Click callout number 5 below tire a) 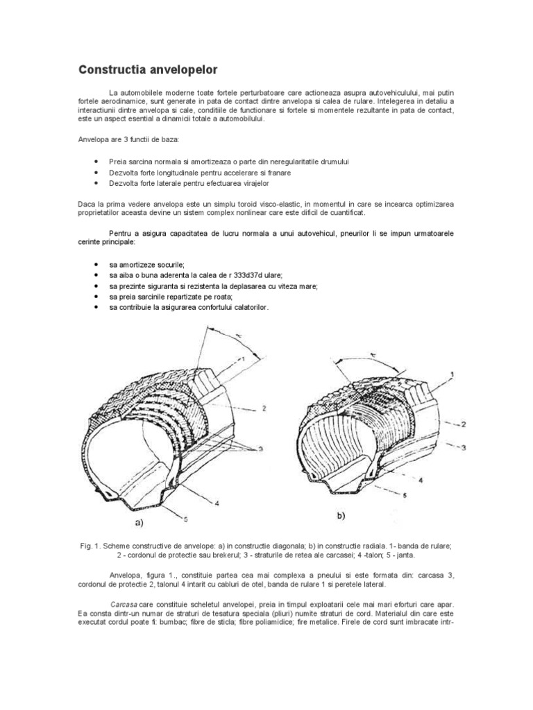coord(185,517)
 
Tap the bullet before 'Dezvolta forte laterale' coord(95,183)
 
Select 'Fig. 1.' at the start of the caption coord(92,546)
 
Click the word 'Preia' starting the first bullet coord(118,162)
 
